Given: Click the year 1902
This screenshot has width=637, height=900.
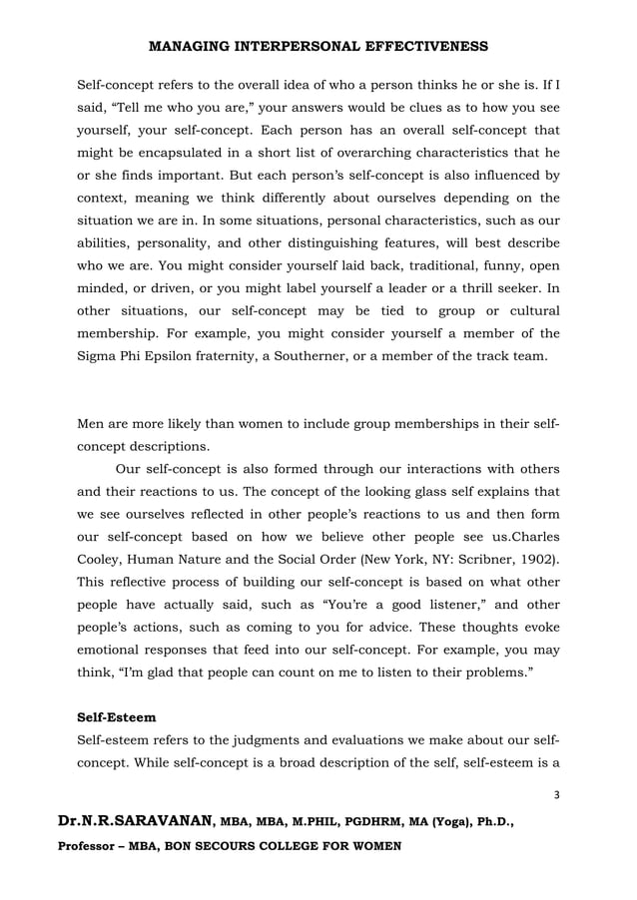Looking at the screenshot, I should coord(537,555).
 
